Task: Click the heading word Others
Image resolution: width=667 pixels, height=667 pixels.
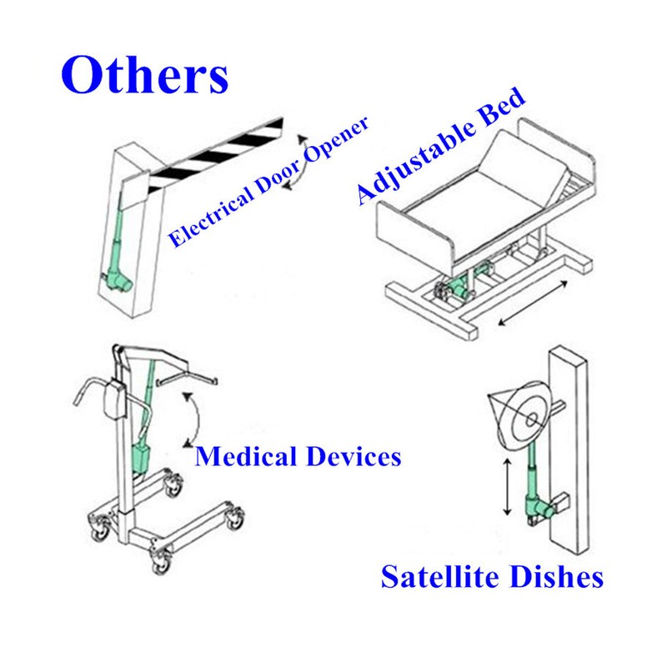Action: (x=144, y=74)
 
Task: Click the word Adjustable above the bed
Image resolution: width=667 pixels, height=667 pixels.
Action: (x=415, y=162)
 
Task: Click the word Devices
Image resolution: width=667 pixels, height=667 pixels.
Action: (x=354, y=456)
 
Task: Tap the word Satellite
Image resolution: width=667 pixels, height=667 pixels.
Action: (x=440, y=576)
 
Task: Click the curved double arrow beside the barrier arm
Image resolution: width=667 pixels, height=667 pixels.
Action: (x=299, y=162)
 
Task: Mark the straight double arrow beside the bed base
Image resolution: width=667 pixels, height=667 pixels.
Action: (x=533, y=303)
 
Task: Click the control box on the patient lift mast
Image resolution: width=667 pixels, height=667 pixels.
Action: (x=115, y=399)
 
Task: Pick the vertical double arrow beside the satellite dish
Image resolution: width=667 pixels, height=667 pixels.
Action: (x=507, y=487)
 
